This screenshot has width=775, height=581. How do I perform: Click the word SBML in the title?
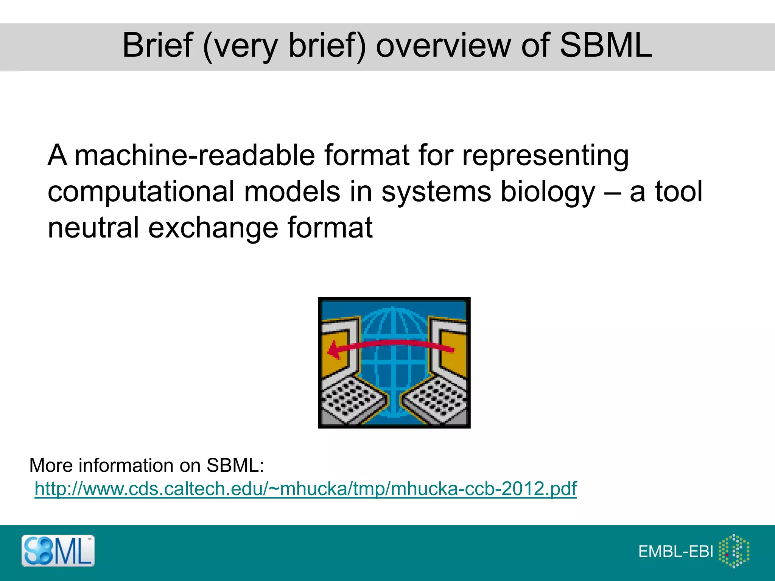click(x=605, y=45)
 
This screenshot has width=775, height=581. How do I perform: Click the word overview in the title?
click(x=443, y=45)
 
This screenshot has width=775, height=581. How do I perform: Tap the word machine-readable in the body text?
click(x=195, y=155)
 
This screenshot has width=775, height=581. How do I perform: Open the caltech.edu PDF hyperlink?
click(x=305, y=488)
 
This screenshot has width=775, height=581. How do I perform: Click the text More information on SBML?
click(x=146, y=465)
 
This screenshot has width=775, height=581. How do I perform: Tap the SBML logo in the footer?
click(x=58, y=551)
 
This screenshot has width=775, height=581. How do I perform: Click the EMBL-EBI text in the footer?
click(x=676, y=551)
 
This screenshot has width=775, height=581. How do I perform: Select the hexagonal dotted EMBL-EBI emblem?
click(x=734, y=551)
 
